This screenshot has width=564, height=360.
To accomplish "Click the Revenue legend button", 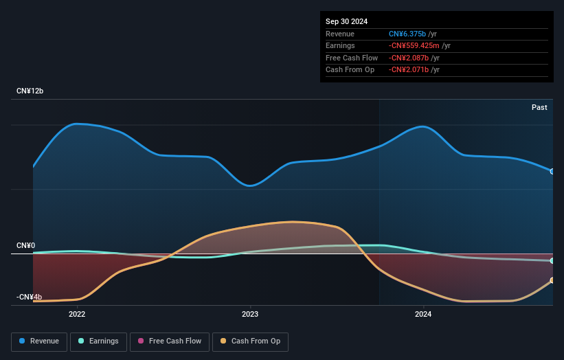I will (39, 341).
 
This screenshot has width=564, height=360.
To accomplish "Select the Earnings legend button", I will (98, 341).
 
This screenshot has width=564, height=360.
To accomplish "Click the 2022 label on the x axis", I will (77, 315).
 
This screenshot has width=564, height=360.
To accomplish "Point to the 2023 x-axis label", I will (250, 315).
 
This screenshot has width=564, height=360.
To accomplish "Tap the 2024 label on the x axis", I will (423, 315).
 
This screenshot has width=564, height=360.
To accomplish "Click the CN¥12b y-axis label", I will (30, 91).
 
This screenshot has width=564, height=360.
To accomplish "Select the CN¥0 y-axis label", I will (26, 245).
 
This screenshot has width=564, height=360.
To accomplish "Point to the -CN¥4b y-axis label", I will (29, 297).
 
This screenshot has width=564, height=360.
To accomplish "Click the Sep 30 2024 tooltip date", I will (347, 21).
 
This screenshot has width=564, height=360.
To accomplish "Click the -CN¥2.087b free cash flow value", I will (409, 58).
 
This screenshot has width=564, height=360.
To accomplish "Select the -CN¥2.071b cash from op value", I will (409, 70).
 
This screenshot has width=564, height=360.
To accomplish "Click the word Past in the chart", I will (539, 107).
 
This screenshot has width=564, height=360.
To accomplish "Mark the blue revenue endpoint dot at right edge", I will (552, 171).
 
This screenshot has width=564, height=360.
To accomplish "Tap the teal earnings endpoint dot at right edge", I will (552, 261).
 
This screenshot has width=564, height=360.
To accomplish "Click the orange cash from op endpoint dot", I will (552, 280).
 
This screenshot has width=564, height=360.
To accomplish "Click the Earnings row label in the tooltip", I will (340, 46).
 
